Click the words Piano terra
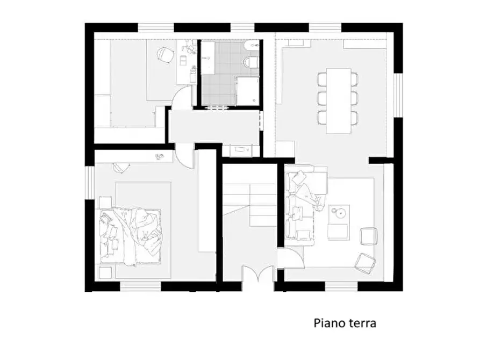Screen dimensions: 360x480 (345, 323)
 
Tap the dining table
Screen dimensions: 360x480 (339, 100)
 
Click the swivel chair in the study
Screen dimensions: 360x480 (165, 54)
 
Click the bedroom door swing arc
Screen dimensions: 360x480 (186, 156)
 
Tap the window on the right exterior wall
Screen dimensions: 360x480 (398, 96)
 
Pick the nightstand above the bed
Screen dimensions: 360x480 (104, 202)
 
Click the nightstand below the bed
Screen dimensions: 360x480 (105, 272)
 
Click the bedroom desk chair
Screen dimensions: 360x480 (121, 167)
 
